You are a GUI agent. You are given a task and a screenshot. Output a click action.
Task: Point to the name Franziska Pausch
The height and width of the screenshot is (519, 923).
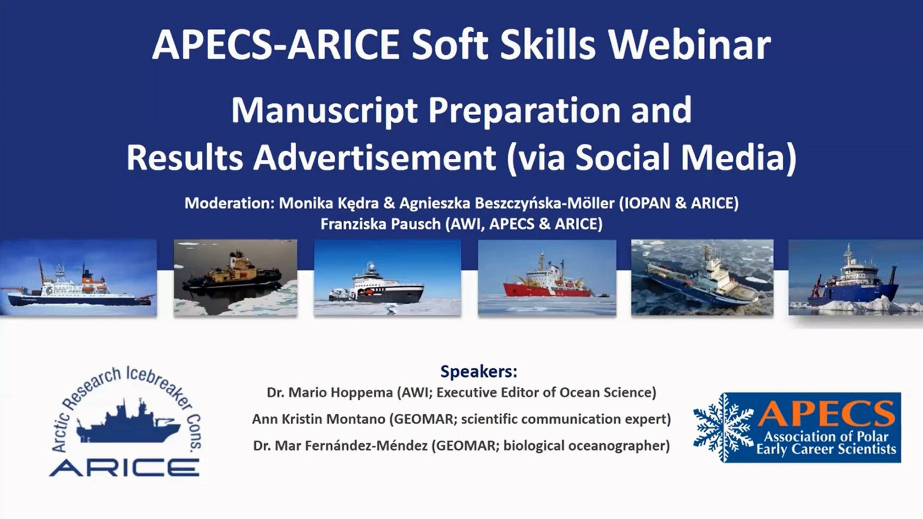pos(380,224)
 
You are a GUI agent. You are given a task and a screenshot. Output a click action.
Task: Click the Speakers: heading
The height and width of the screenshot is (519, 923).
pos(478,372)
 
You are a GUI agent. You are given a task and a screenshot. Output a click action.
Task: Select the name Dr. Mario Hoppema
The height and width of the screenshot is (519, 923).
pos(330,392)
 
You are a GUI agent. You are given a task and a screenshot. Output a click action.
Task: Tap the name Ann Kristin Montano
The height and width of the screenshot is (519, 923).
pos(318,419)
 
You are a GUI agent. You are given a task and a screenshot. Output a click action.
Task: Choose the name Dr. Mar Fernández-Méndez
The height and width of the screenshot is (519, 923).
pos(340,446)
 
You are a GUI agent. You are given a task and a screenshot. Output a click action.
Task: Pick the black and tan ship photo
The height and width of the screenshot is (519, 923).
pos(235,278)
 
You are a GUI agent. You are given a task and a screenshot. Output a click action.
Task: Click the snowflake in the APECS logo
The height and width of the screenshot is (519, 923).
pos(723,427)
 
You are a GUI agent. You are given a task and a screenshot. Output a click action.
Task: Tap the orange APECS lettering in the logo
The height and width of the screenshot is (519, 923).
pos(826,414)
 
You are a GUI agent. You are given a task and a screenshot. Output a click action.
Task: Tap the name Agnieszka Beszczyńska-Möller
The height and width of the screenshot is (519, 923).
pos(507,203)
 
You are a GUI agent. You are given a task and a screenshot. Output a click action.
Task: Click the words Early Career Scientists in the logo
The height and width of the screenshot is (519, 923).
pos(826,449)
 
